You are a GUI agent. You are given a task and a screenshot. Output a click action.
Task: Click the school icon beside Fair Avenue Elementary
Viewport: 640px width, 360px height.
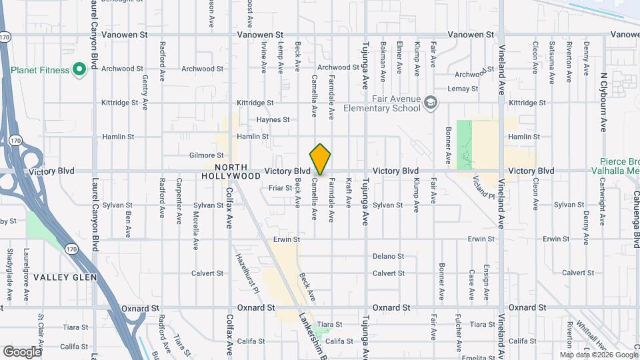click(431, 103)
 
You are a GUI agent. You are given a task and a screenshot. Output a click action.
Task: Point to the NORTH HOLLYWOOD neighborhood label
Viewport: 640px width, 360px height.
click(231, 172)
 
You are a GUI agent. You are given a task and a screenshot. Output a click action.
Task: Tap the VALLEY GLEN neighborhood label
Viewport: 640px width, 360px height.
click(65, 277)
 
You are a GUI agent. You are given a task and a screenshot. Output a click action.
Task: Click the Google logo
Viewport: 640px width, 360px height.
click(22, 351)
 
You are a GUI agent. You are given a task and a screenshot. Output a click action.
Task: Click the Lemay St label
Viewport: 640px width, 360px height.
click(463, 89)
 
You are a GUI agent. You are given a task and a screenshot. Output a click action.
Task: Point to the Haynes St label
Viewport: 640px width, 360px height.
click(273, 120)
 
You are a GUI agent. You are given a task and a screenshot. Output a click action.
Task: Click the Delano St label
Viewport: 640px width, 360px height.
click(389, 256)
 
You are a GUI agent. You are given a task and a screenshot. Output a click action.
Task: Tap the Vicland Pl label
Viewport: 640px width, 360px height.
click(483, 187)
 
